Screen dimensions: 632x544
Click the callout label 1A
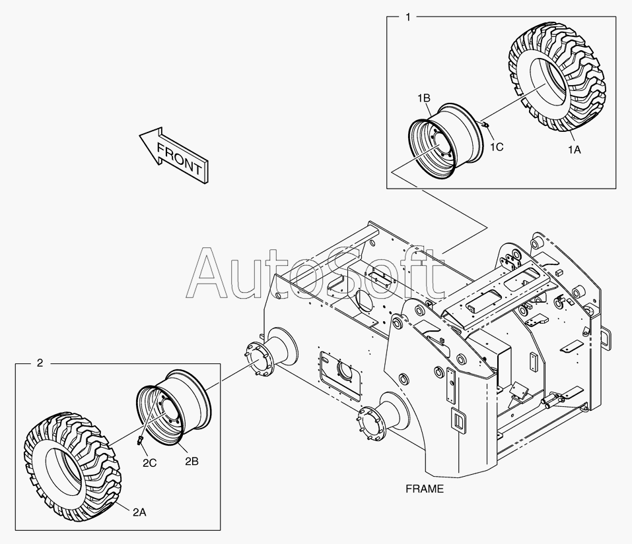coord(574,150)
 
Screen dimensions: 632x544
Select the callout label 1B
coord(423,98)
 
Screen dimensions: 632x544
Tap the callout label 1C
coord(496,146)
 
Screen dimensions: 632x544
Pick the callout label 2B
coord(191,462)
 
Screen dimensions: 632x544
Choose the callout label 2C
coord(149,463)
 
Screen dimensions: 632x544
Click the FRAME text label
coord(425,489)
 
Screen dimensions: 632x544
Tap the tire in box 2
coord(72,464)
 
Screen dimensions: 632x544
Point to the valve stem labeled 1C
coord(485,124)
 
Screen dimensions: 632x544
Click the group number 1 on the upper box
coord(407,17)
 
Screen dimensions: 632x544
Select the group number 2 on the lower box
coord(40,363)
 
